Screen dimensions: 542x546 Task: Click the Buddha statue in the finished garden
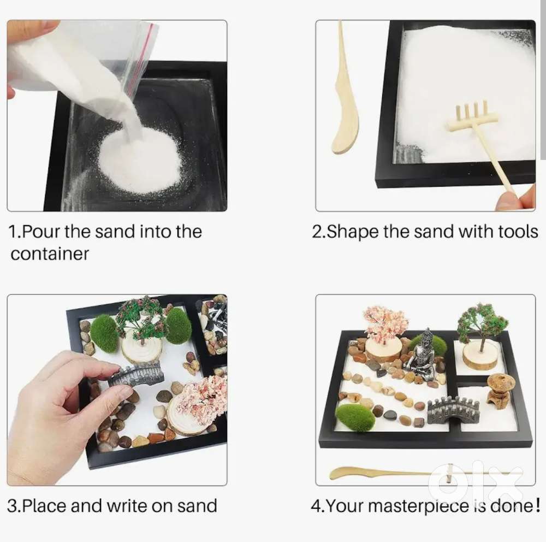(x=422, y=356)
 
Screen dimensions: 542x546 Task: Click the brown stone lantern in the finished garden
(x=500, y=388)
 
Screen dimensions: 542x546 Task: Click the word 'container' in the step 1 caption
(x=49, y=254)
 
